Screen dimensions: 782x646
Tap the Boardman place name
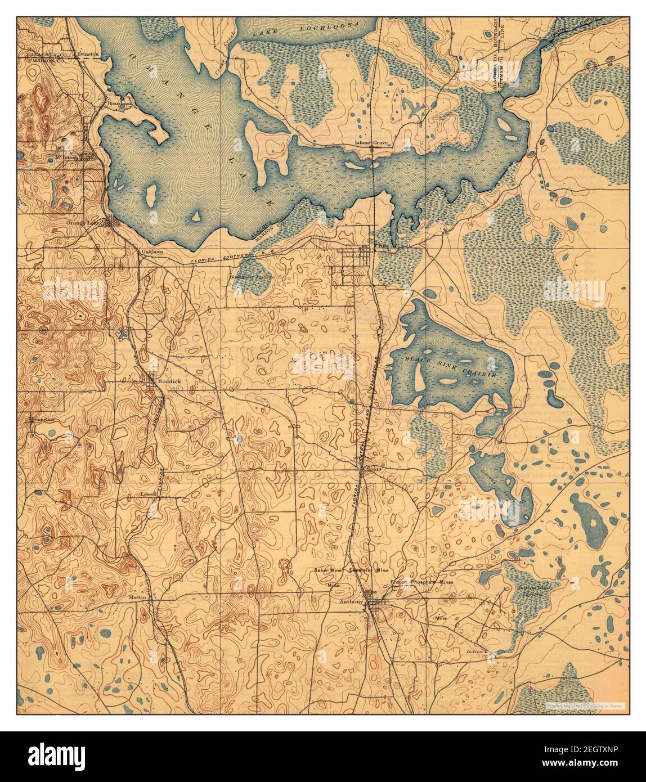point(120,104)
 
